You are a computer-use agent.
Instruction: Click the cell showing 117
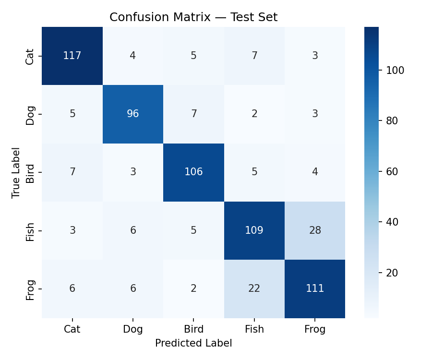tap(72, 56)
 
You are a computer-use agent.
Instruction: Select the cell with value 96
tap(133, 114)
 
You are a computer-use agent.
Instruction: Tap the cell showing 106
tap(193, 172)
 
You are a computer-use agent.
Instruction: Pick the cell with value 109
tap(254, 230)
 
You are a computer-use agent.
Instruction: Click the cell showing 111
tap(315, 288)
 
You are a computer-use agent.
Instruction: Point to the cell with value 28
tap(315, 230)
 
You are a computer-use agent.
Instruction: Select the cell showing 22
tap(254, 288)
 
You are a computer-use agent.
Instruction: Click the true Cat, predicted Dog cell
tap(133, 56)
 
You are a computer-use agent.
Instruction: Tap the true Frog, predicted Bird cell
tap(193, 288)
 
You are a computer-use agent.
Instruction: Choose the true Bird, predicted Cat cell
tap(72, 172)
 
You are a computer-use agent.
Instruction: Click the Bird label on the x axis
tap(193, 329)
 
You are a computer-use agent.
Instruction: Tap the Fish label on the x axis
tap(254, 329)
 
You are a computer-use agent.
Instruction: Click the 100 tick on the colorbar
tap(395, 71)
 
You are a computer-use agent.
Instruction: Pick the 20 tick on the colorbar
tap(392, 273)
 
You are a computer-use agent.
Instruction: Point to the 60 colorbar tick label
tap(392, 172)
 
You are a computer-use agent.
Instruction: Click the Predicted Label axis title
tap(193, 343)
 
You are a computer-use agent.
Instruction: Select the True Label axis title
tap(16, 172)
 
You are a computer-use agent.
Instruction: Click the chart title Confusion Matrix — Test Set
tap(193, 17)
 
